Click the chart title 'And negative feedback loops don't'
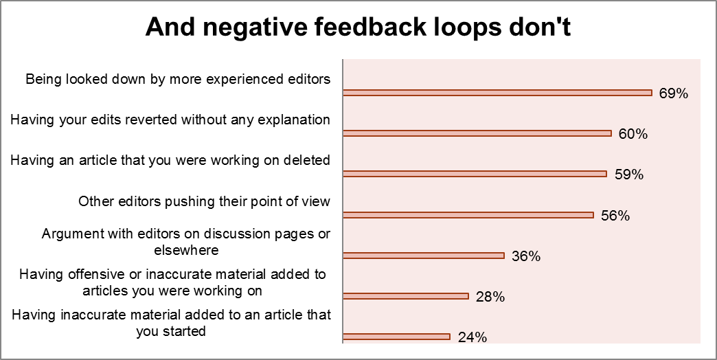point(358,28)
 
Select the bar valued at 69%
point(497,92)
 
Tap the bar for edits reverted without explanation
point(477,133)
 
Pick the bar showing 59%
point(474,174)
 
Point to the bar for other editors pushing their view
point(468,214)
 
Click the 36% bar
point(423,256)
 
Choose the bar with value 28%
point(405,296)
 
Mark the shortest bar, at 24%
point(396,337)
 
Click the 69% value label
point(673,93)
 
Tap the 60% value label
point(633,134)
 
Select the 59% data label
point(628,175)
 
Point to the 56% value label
point(615,216)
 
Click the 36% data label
point(526,257)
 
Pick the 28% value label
point(490,297)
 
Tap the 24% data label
point(472,337)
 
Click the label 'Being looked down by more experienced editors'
point(178,79)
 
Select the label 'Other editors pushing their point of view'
point(205,201)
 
